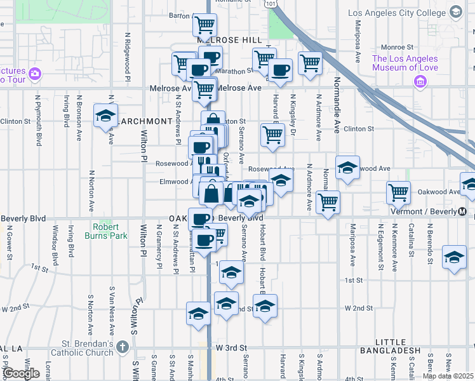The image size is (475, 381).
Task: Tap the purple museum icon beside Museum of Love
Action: click(x=419, y=81)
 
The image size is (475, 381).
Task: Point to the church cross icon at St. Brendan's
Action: click(x=123, y=347)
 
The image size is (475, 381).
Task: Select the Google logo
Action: click(x=21, y=373)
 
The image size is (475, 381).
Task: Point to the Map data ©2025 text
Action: click(x=448, y=376)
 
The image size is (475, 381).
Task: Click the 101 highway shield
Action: click(x=271, y=4)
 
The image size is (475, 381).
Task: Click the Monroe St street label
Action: click(x=397, y=47)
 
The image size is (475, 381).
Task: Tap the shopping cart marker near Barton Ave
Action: click(x=205, y=25)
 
